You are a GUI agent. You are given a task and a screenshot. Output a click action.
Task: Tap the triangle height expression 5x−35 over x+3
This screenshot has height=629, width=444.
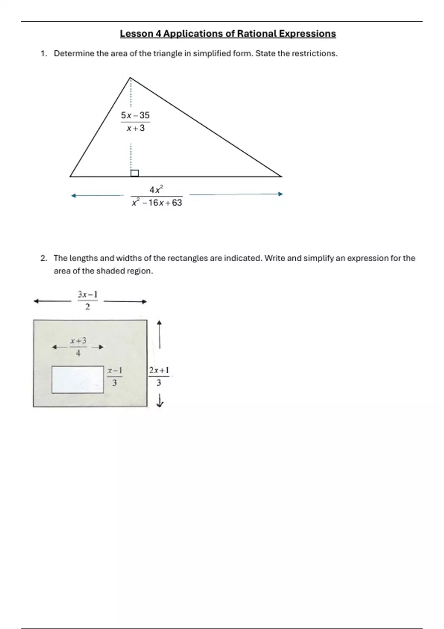135,122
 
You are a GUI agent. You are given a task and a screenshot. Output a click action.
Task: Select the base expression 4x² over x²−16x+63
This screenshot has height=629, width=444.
157,196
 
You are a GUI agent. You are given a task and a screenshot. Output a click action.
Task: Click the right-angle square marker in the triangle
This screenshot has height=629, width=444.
135,173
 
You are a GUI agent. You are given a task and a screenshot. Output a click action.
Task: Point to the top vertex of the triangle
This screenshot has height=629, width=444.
130,78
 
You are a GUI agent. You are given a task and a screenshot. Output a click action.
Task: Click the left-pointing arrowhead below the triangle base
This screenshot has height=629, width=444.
74,195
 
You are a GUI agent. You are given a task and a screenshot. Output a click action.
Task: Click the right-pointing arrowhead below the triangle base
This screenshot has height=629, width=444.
280,194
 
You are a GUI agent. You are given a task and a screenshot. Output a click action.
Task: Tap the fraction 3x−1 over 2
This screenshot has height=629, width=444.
88,300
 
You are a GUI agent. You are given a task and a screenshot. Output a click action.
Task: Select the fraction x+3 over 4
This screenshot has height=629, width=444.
78,347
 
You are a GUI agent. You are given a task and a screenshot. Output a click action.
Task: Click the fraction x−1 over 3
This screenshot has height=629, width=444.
115,376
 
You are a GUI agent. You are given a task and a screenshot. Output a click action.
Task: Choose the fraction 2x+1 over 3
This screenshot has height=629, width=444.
159,376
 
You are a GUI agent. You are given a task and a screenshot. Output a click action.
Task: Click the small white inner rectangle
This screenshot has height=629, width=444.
78,380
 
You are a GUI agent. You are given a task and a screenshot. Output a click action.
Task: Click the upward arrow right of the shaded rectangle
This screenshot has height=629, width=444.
159,334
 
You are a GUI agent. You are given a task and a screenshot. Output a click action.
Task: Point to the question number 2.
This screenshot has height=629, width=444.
44,258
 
